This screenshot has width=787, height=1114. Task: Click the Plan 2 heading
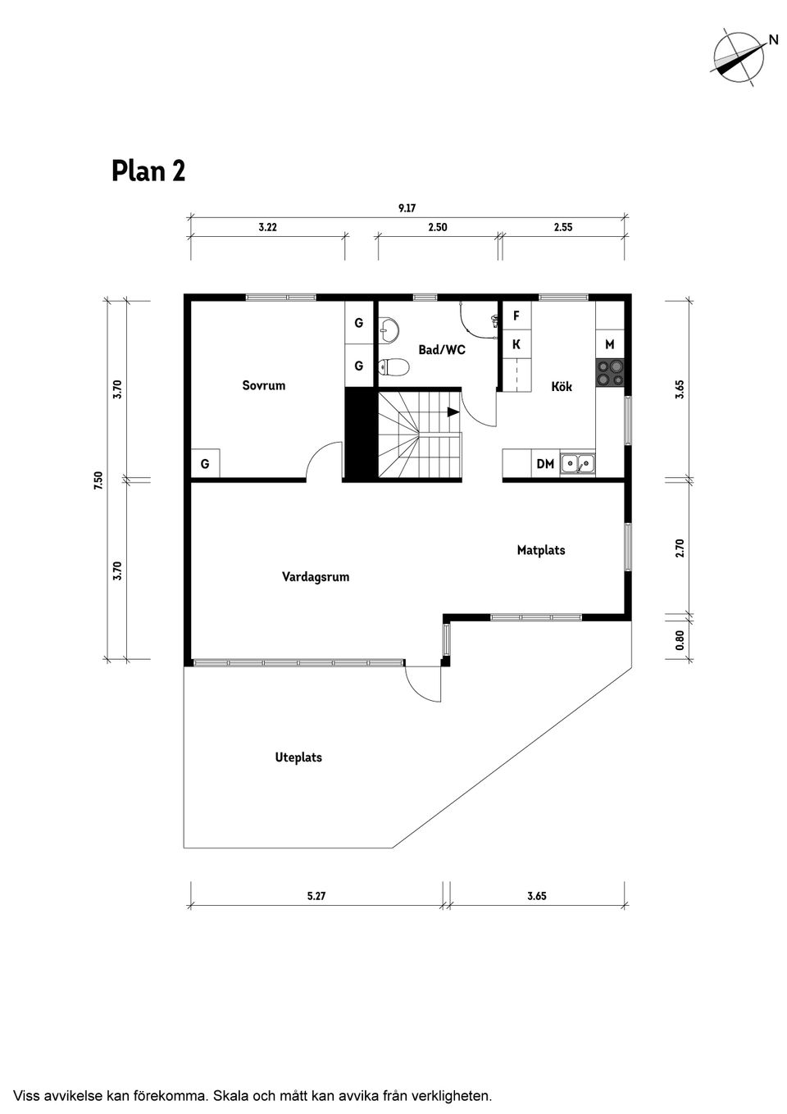[x=148, y=171]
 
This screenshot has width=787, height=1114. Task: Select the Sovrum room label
[x=263, y=385]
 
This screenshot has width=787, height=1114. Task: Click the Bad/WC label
[x=442, y=350]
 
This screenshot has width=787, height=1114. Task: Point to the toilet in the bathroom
[x=393, y=366]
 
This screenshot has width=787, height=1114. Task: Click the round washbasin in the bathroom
[x=390, y=330]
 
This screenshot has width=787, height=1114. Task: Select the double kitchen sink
[x=578, y=464]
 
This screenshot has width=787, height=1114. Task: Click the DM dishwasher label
[x=545, y=464]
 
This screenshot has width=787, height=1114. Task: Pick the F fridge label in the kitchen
[x=516, y=316]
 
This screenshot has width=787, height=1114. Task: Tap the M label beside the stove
[x=609, y=345]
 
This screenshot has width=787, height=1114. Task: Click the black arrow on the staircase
[x=453, y=412]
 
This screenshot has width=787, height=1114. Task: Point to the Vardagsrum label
[x=316, y=577]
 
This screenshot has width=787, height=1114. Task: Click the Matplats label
[x=541, y=550]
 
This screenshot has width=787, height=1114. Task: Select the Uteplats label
[x=298, y=757]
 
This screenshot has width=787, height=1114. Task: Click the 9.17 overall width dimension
[x=407, y=208]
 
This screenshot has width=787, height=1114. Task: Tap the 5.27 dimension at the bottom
[x=316, y=896]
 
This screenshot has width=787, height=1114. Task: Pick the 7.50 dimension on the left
[x=98, y=480]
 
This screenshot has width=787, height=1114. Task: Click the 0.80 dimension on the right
[x=680, y=639]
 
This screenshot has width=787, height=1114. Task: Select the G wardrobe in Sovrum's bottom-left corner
[x=205, y=464]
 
